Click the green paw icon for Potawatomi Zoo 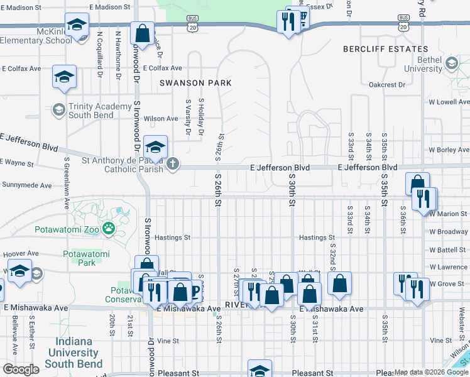point(109,227)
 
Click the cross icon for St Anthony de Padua point(173,165)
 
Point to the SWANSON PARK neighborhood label point(195,83)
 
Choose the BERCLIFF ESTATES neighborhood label point(385,49)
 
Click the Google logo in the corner point(21,369)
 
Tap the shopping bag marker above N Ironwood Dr point(143,33)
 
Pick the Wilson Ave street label point(161,119)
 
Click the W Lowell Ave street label point(448,101)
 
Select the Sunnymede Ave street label point(26,185)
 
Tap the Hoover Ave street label point(21,254)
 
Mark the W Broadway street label point(449,232)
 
